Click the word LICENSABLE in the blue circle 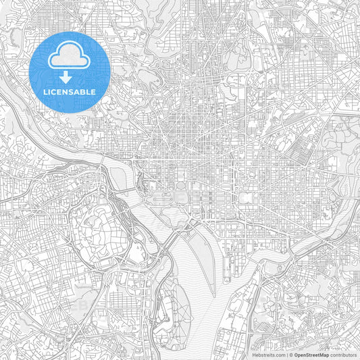pos(70,90)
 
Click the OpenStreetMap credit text pos(311,354)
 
